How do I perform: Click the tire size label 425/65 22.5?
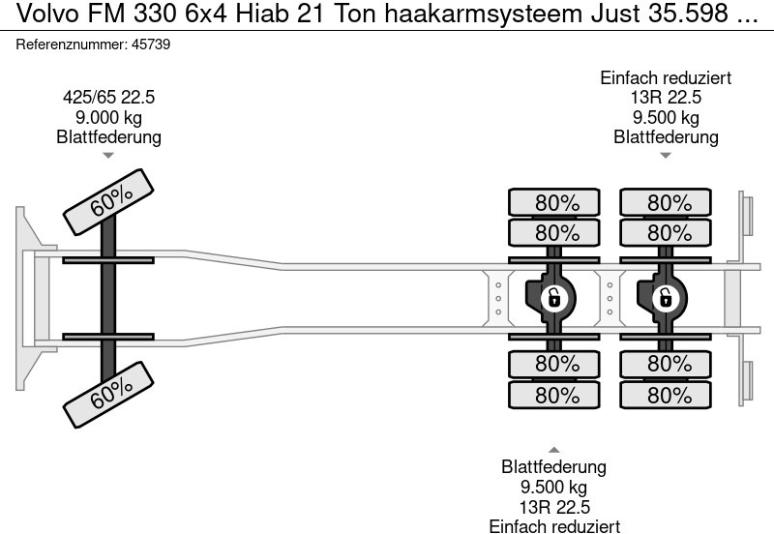point(108,98)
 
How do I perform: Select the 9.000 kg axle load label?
point(108,117)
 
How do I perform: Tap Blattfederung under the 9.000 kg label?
point(108,136)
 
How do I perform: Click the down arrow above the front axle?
point(108,155)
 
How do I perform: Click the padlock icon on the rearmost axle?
point(665,298)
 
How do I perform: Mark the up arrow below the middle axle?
point(553,450)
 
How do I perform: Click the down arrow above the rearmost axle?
point(665,155)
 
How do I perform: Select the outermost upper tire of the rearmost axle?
point(665,203)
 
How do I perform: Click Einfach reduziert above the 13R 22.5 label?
point(666,78)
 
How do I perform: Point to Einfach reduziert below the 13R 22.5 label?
point(554,525)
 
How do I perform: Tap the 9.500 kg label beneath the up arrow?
point(554,487)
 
